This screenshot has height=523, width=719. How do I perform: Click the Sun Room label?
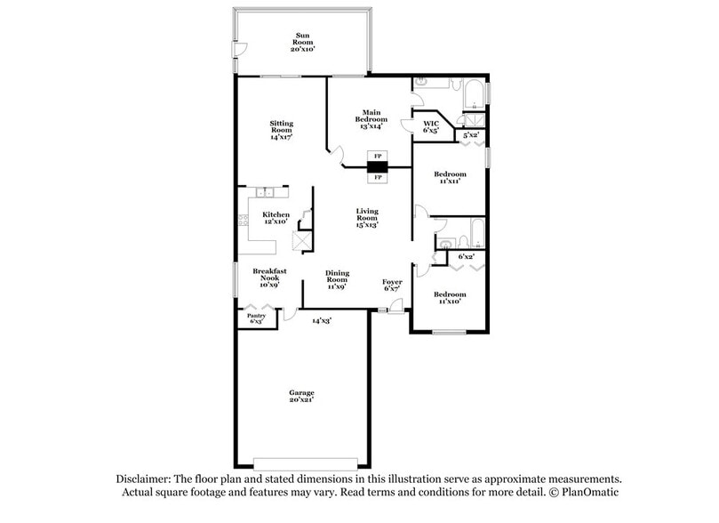tap(302, 36)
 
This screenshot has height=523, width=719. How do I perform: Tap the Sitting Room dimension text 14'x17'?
tap(282, 138)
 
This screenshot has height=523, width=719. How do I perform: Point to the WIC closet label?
tap(431, 123)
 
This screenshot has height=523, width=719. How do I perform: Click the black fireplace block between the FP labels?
tap(378, 166)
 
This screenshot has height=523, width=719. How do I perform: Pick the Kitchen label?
tap(276, 214)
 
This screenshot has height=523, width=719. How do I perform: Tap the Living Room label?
tap(367, 214)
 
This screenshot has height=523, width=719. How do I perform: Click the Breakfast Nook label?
tap(268, 274)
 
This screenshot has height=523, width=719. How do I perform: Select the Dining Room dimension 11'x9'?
tap(337, 286)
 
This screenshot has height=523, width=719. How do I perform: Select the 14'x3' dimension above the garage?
tap(321, 320)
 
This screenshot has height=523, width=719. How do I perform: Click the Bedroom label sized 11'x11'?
tap(450, 174)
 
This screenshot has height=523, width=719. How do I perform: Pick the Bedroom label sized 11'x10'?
tap(450, 294)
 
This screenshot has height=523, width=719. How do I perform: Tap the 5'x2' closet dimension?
tap(471, 134)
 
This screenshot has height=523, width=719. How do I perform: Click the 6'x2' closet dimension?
tap(466, 257)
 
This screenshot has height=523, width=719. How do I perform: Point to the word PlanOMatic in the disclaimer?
tap(588, 492)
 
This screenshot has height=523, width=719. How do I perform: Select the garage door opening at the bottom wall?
tap(305, 463)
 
